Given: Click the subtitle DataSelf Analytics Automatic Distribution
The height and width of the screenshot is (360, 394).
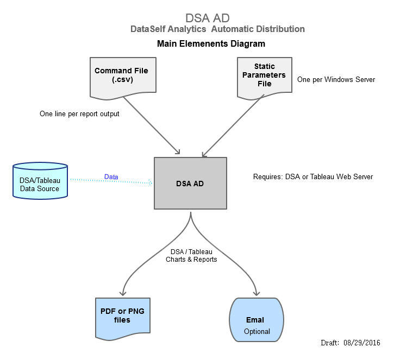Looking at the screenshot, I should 217,29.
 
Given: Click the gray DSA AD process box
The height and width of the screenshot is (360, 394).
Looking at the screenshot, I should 190,184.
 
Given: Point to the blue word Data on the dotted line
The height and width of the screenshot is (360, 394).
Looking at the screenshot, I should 111,177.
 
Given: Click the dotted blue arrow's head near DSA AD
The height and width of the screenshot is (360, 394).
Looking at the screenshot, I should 150,183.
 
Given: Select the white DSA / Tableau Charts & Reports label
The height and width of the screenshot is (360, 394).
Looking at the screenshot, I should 191,255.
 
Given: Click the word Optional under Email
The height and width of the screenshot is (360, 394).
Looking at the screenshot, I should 257,331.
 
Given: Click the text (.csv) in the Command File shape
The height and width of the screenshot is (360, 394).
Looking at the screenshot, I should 121,80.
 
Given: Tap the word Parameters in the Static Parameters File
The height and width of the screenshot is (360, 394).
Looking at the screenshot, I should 265,75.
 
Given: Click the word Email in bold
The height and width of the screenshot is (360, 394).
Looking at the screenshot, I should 255,320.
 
